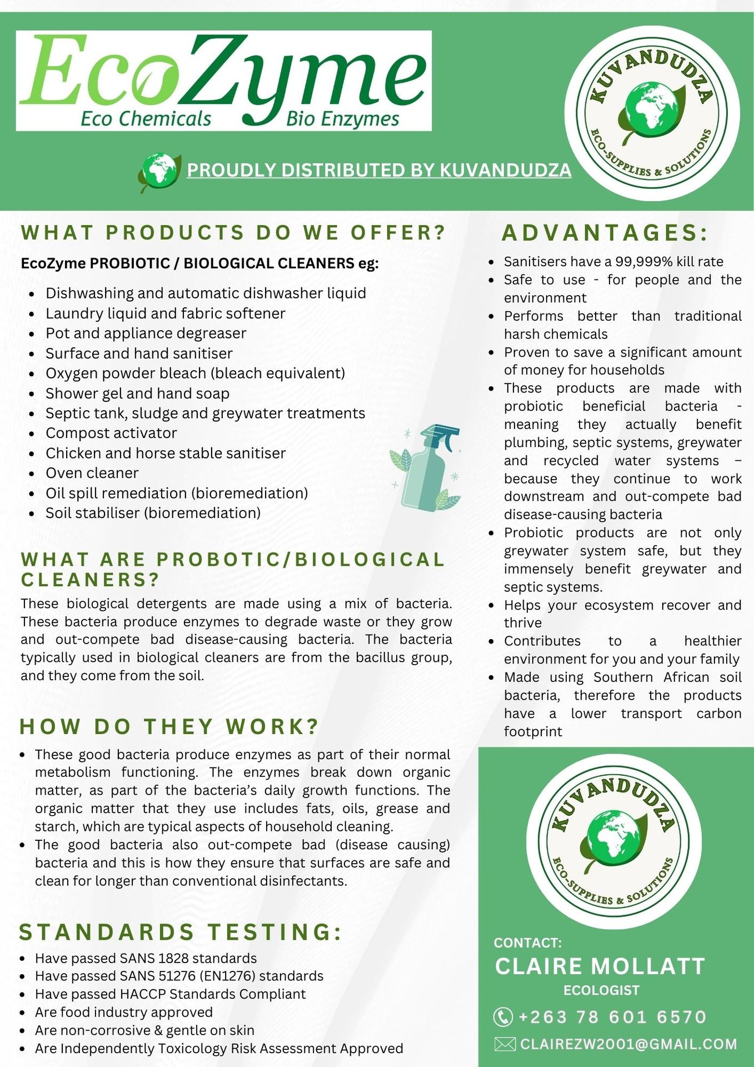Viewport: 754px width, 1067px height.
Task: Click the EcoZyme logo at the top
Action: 223,81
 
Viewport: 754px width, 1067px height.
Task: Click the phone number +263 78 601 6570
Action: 612,1017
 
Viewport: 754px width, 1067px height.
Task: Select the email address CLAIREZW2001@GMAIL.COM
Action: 628,1044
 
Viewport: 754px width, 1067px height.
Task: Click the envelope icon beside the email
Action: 505,1044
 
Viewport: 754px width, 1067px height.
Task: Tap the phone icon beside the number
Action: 503,1017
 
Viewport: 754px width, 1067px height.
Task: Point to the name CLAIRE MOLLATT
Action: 600,966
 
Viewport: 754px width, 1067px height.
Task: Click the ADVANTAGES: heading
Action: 605,233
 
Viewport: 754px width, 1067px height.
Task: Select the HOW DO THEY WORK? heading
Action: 169,726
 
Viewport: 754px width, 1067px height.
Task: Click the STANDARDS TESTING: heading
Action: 181,932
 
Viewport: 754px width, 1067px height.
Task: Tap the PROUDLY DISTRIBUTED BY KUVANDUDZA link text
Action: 379,170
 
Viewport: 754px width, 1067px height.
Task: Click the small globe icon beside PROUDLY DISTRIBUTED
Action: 159,171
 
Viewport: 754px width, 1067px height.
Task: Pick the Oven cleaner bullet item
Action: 92,473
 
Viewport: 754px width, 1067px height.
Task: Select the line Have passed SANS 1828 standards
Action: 146,958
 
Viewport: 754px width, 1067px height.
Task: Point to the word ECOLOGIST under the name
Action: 601,990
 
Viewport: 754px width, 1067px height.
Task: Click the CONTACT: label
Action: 528,943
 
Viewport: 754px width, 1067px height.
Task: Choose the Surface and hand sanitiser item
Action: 139,353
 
